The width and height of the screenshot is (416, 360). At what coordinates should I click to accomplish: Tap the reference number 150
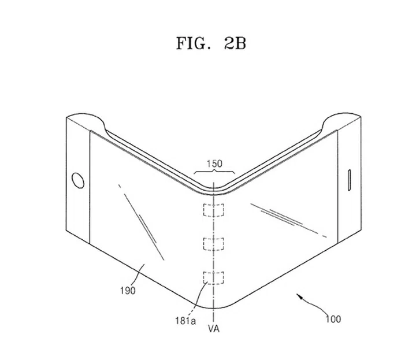tap(214, 164)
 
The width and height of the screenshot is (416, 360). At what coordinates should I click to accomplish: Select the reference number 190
tap(128, 291)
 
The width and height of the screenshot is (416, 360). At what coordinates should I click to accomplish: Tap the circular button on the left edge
tap(76, 180)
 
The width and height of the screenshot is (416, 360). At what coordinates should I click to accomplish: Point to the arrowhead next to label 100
tap(299, 296)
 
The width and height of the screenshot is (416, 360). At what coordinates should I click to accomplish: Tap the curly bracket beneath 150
tap(214, 172)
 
